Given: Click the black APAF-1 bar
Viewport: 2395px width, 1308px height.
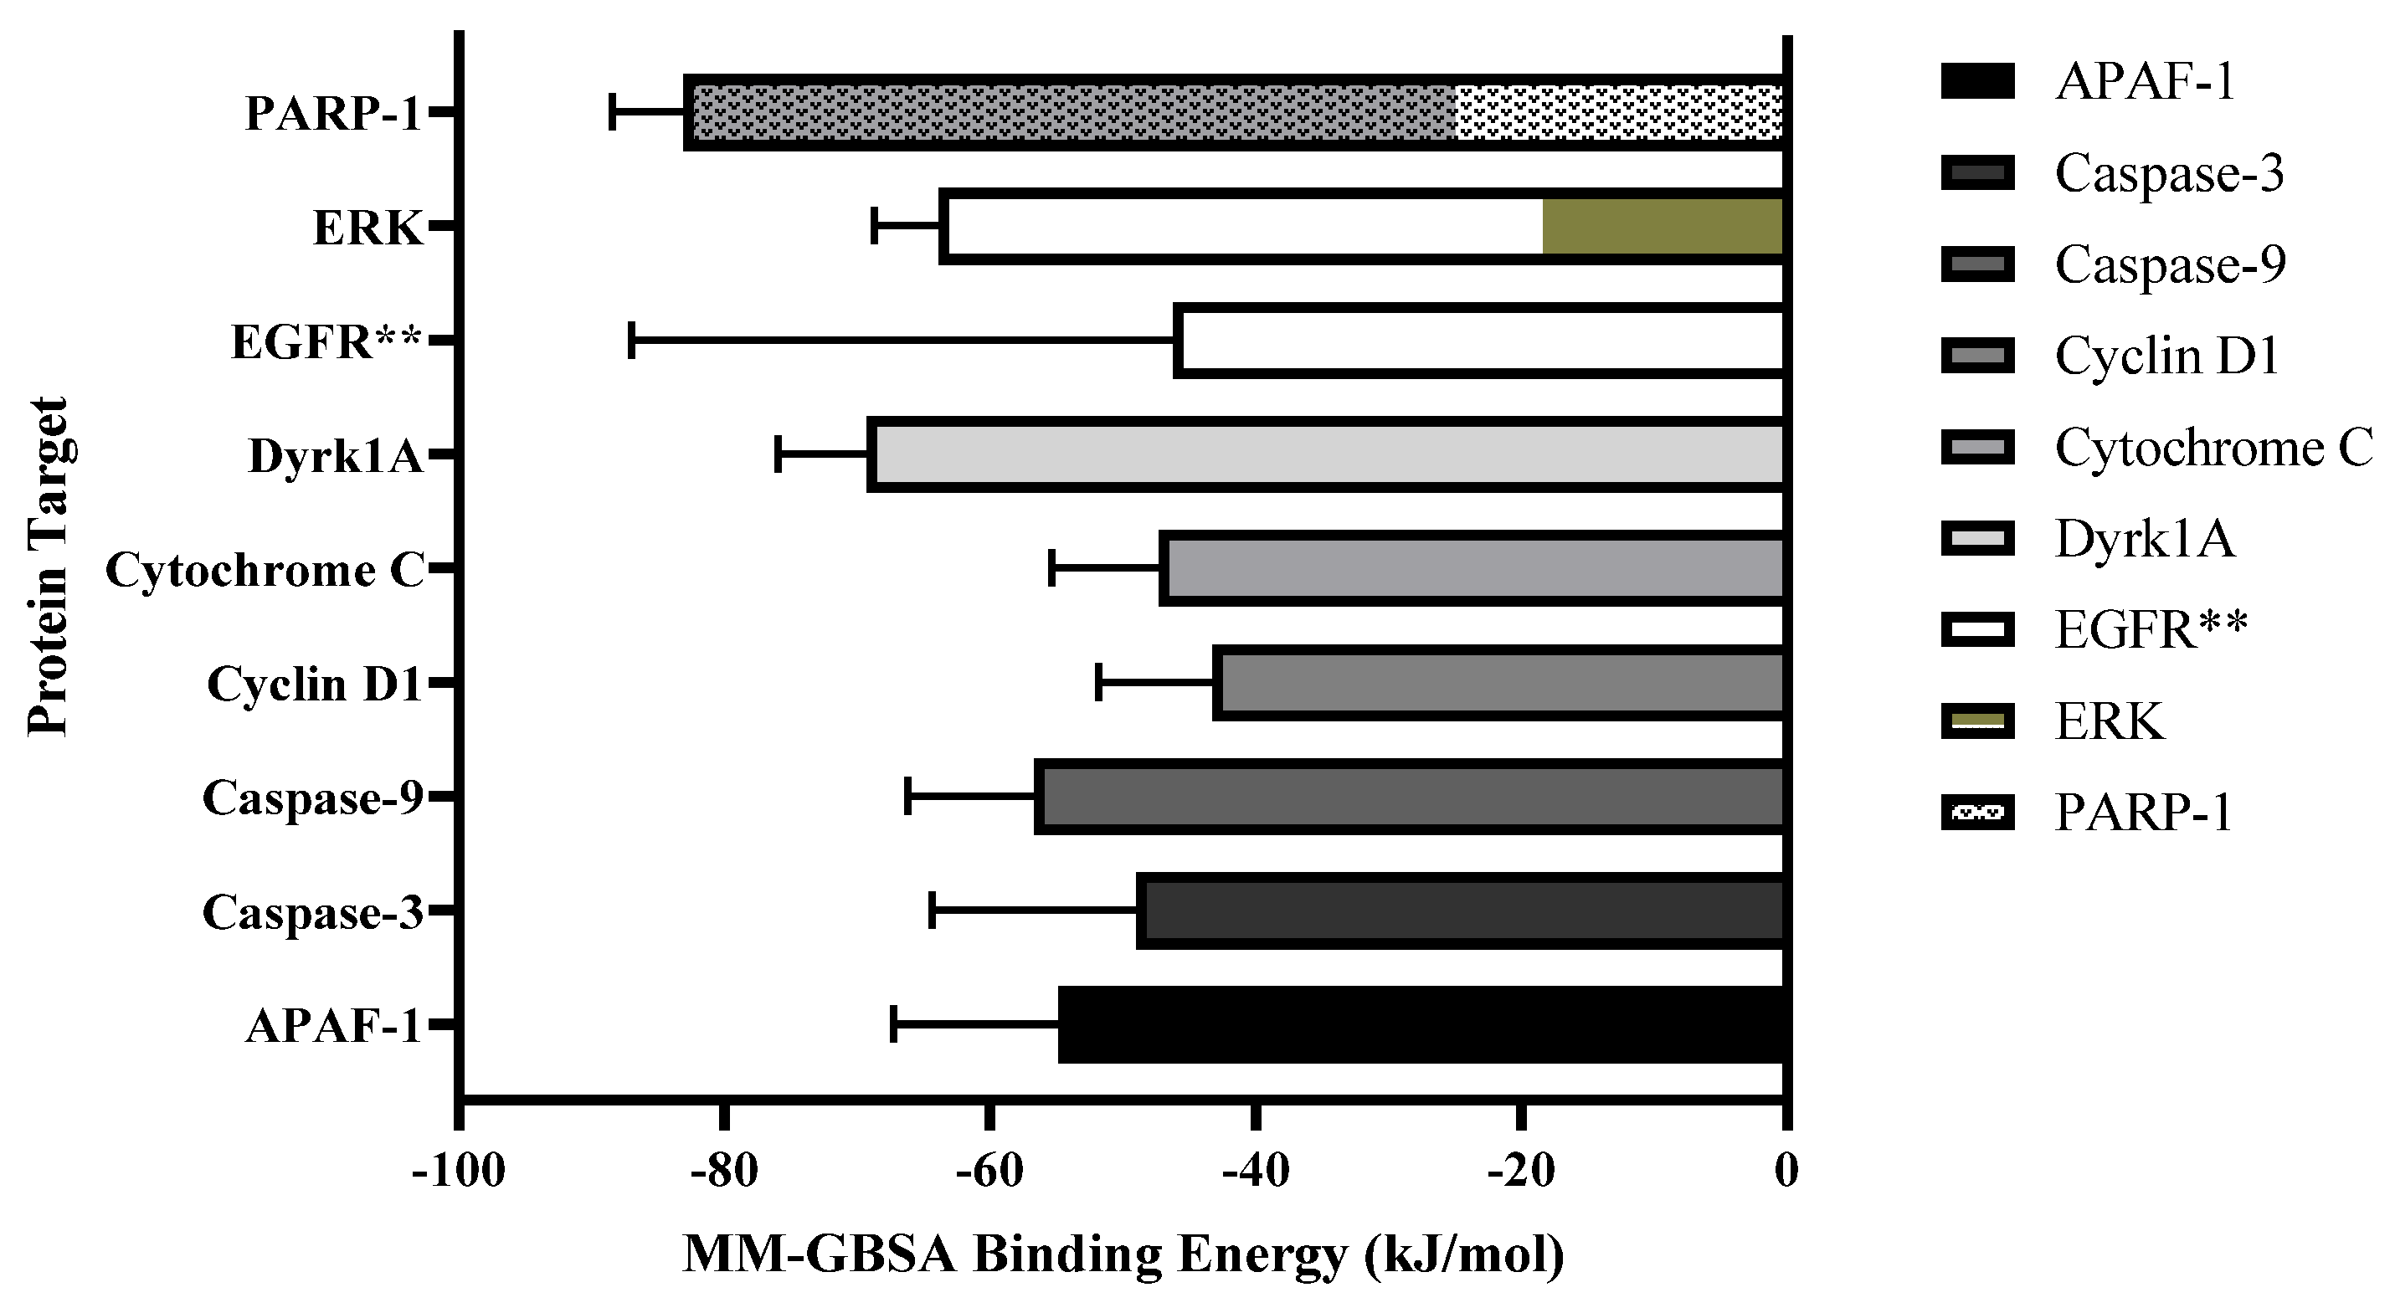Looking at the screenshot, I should [x=1422, y=1024].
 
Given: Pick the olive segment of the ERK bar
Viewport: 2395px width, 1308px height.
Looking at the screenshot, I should [x=1663, y=226].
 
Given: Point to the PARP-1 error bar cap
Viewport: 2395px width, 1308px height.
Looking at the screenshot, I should [x=612, y=111].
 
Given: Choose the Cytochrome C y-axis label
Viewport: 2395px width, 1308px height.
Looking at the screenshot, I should [x=265, y=570].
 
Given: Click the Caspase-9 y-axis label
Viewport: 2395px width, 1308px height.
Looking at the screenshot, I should [x=312, y=798].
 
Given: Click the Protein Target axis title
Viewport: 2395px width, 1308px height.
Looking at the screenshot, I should [x=48, y=567].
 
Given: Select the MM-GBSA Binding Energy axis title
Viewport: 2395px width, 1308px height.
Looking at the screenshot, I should [x=1123, y=1255].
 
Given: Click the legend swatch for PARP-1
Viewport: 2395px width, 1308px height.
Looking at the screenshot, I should [x=1977, y=812].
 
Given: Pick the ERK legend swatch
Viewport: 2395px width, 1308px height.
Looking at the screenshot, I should [x=1977, y=721].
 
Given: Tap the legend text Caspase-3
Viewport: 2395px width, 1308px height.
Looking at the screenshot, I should [x=2169, y=173].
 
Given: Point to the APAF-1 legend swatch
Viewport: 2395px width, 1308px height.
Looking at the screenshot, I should [x=1977, y=81].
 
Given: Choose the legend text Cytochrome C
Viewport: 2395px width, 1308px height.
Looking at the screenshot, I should [x=2213, y=447].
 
